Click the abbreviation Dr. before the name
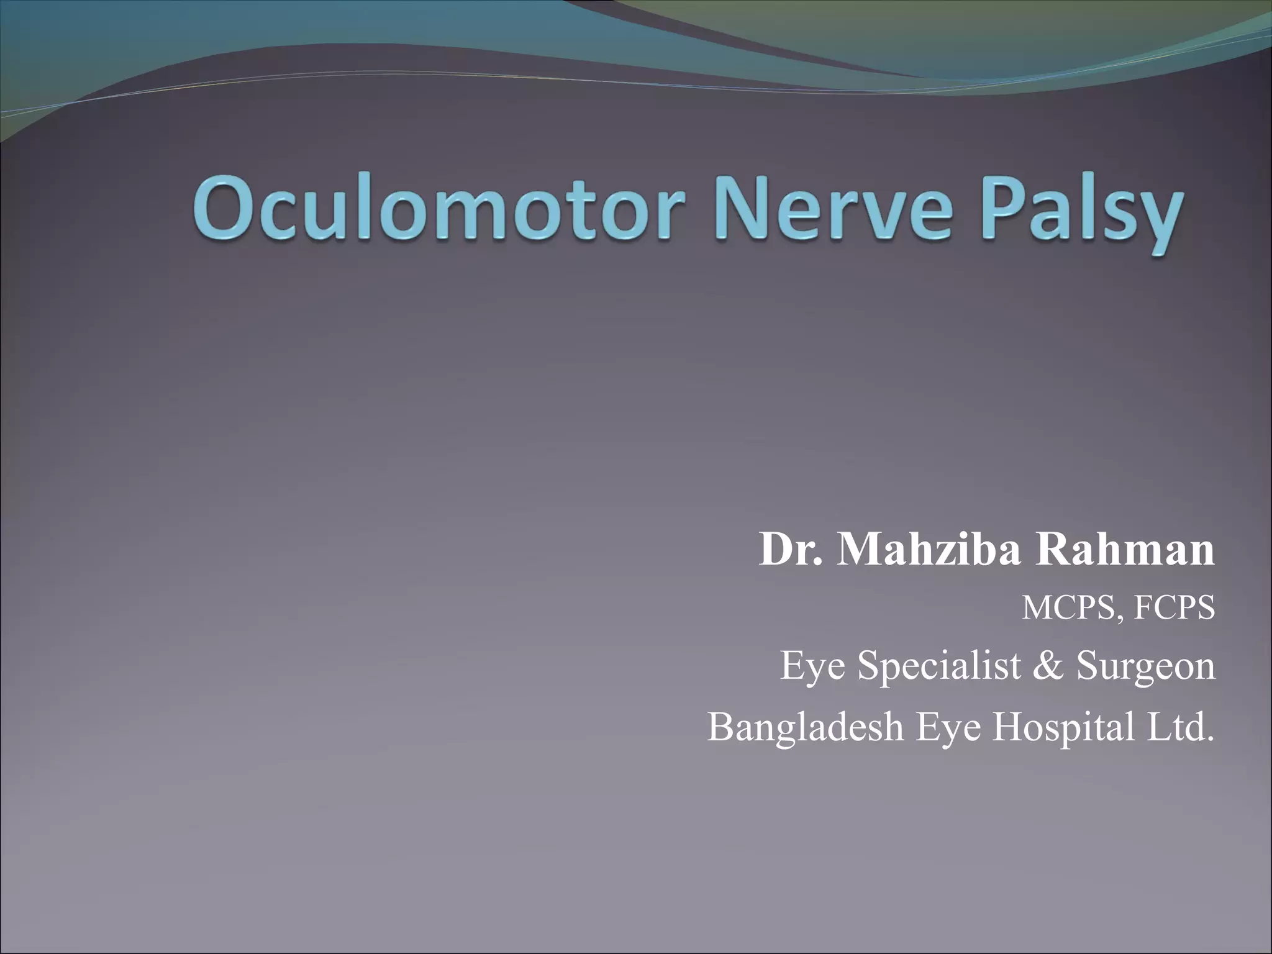pos(791,550)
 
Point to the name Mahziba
pos(929,550)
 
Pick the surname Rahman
pos(1124,550)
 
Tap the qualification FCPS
pos(1174,608)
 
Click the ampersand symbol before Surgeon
pos(1048,666)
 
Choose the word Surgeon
pos(1146,666)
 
